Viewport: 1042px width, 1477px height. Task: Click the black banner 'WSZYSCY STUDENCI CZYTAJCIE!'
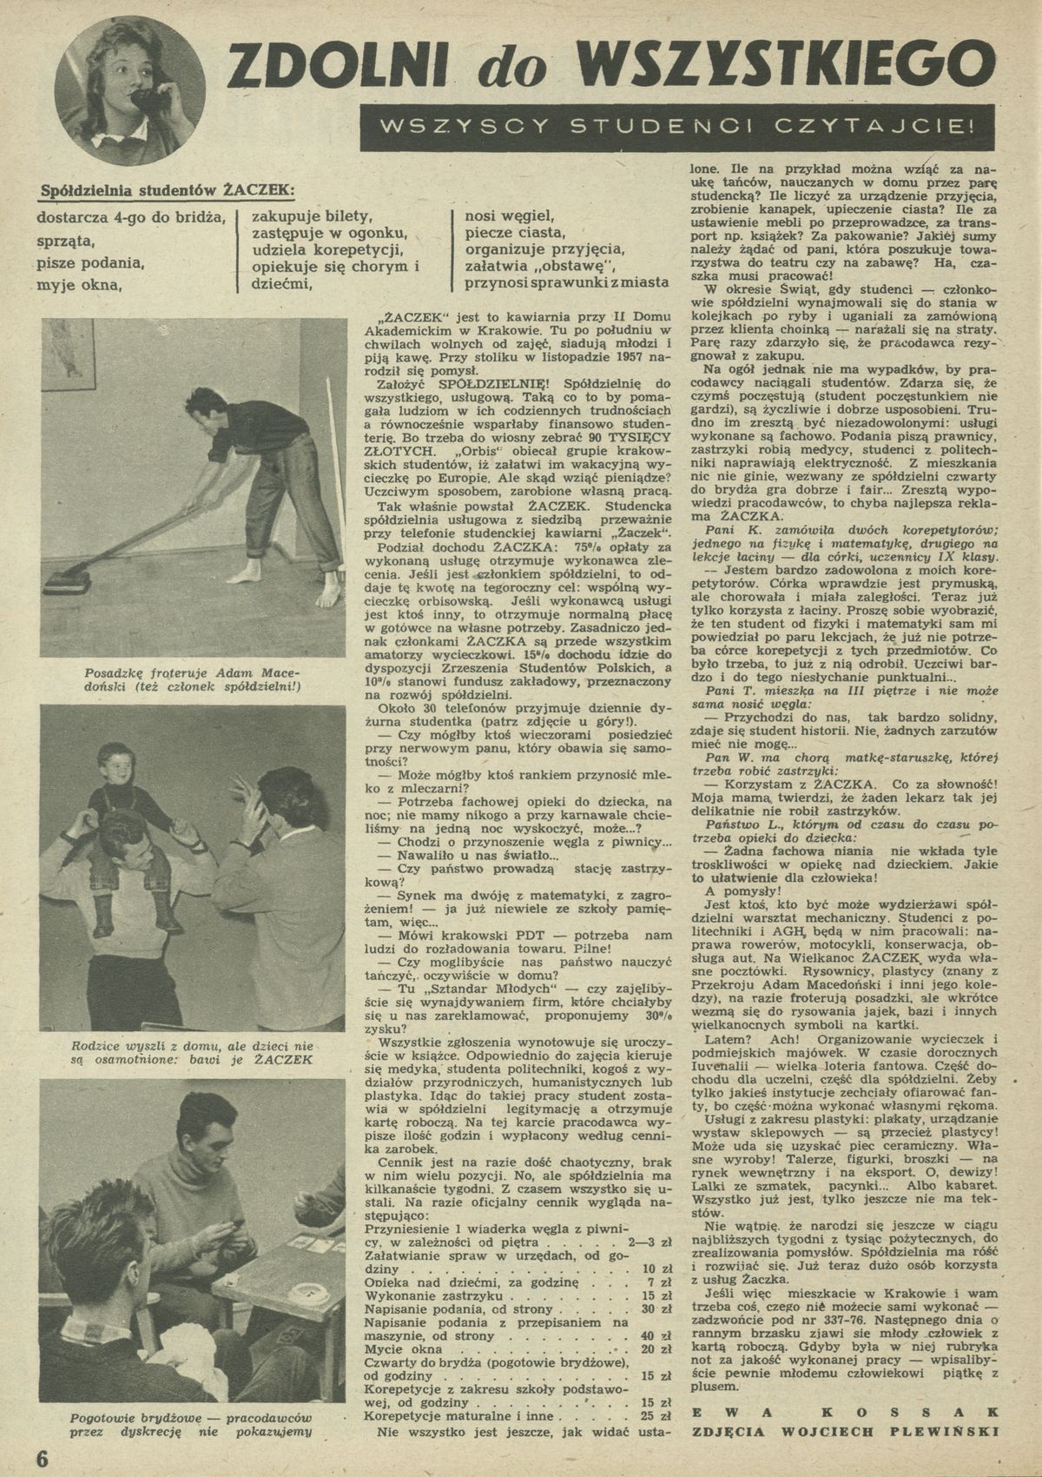tap(679, 127)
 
